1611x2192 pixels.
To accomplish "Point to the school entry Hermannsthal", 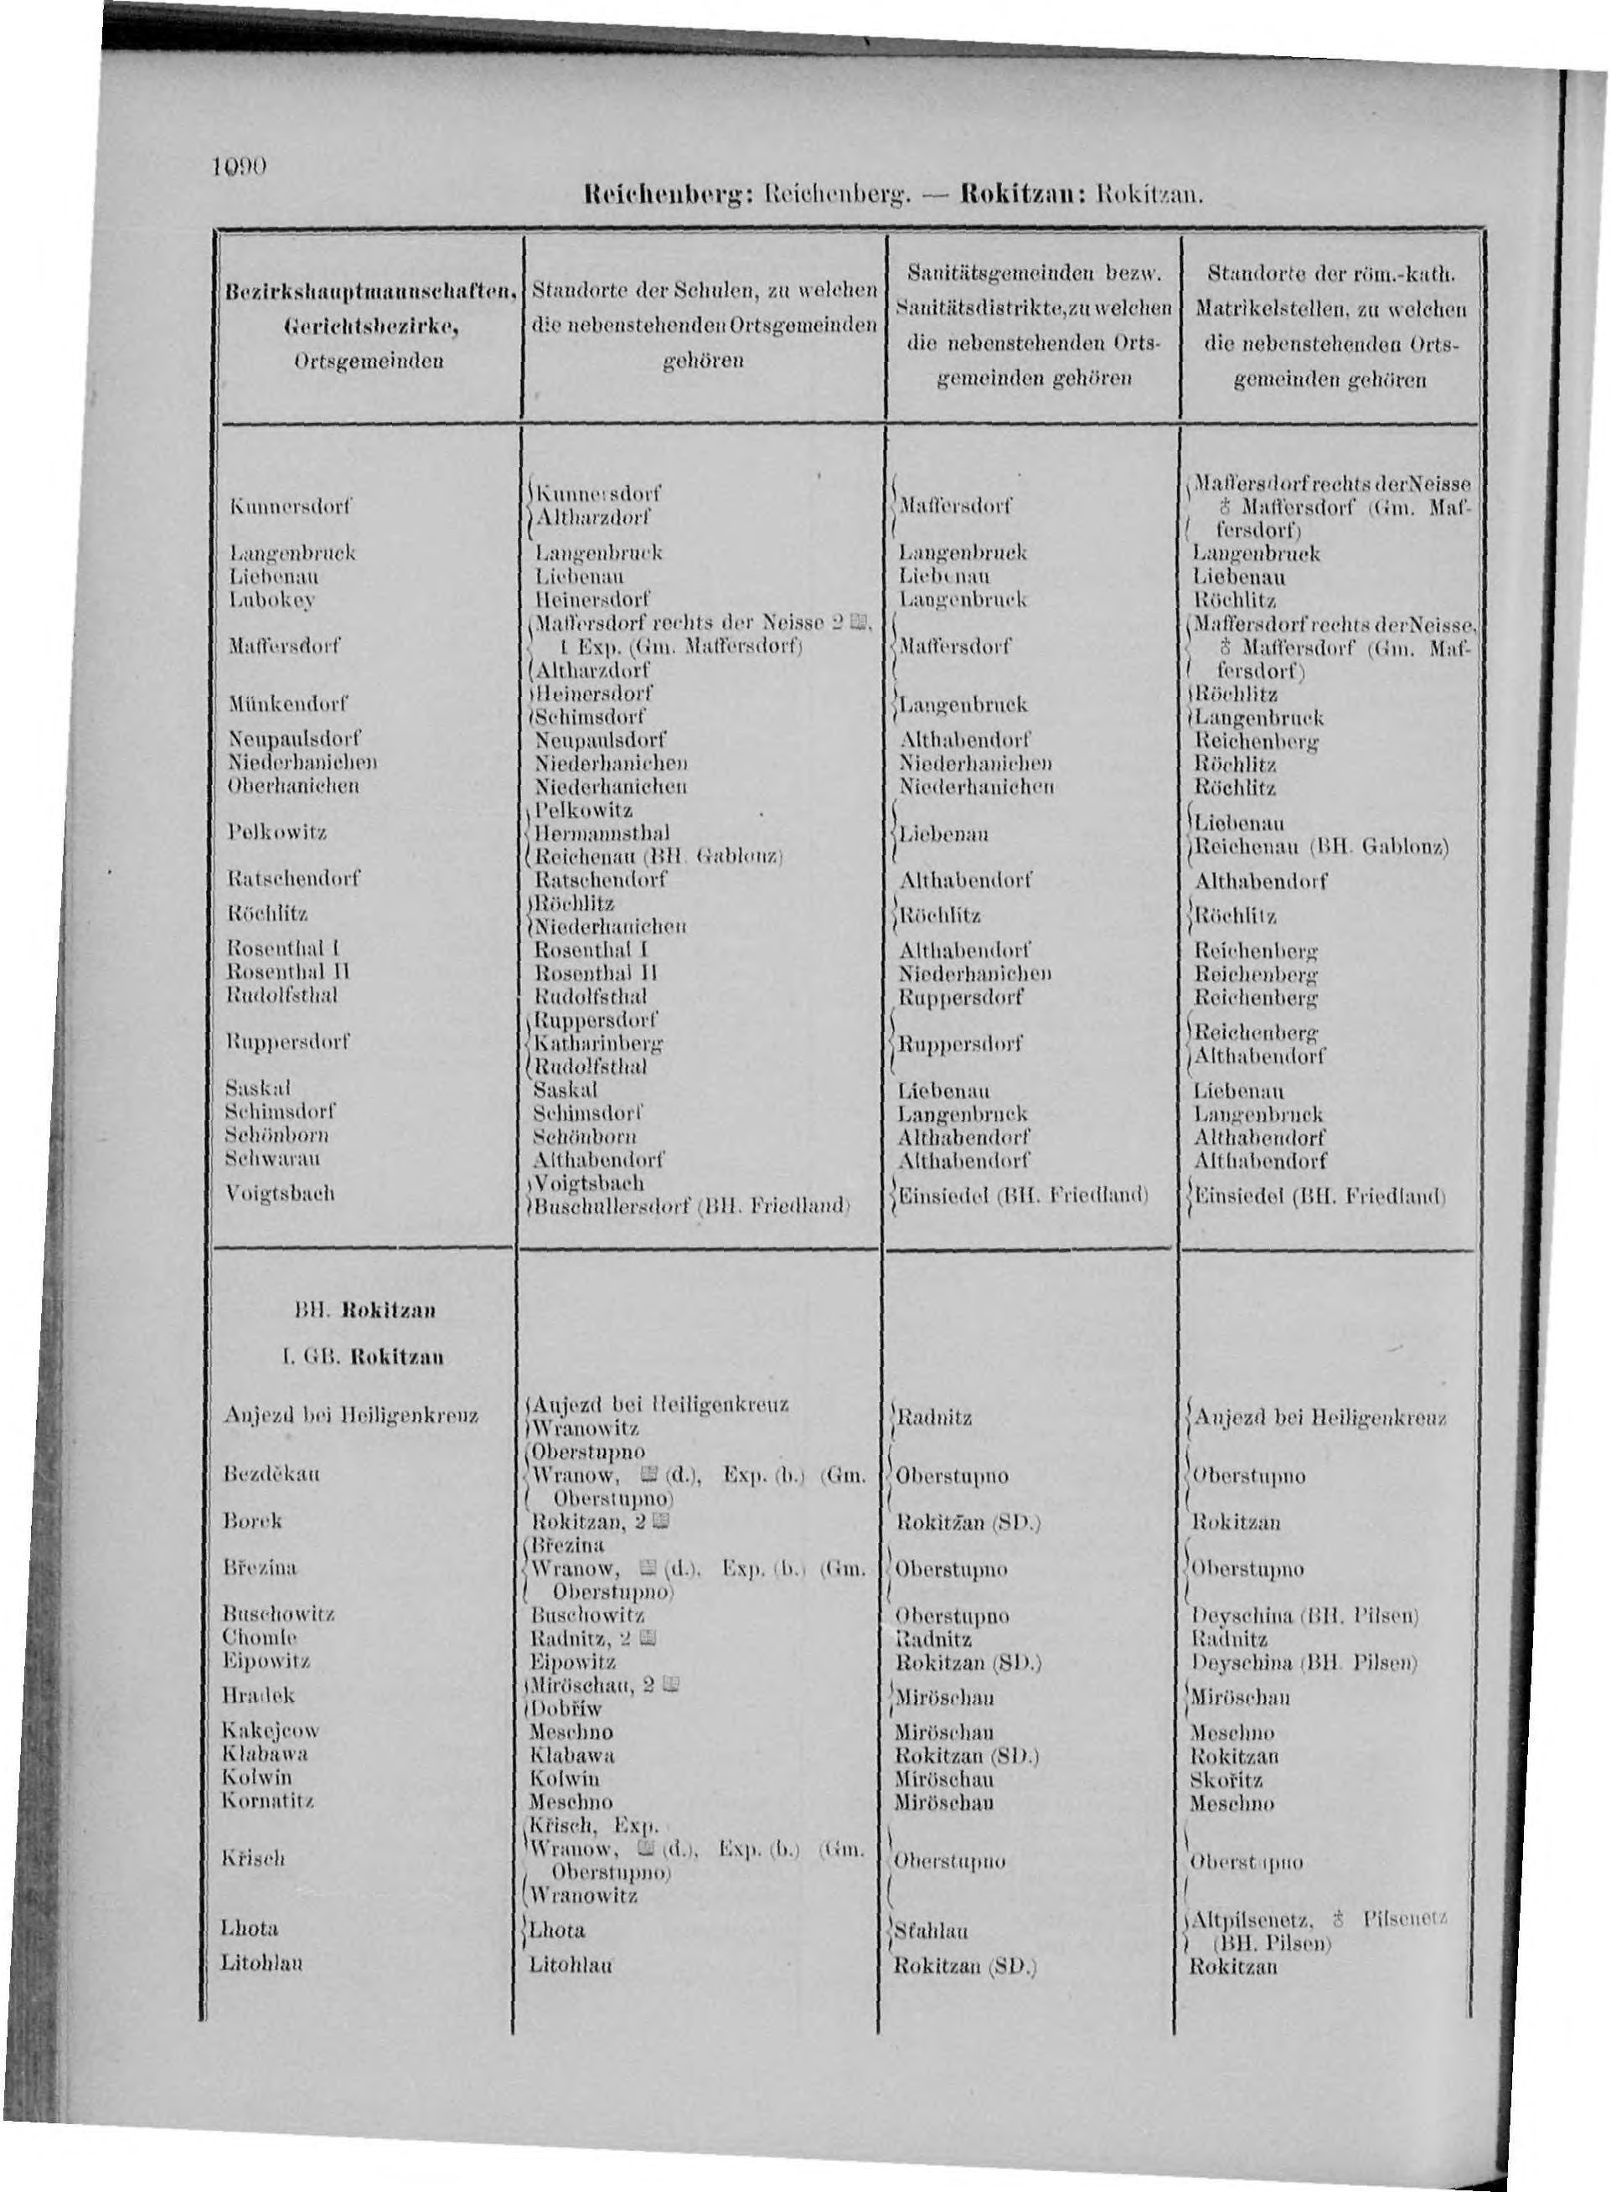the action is click(x=602, y=833).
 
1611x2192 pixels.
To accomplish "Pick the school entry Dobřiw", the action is click(x=566, y=1709).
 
